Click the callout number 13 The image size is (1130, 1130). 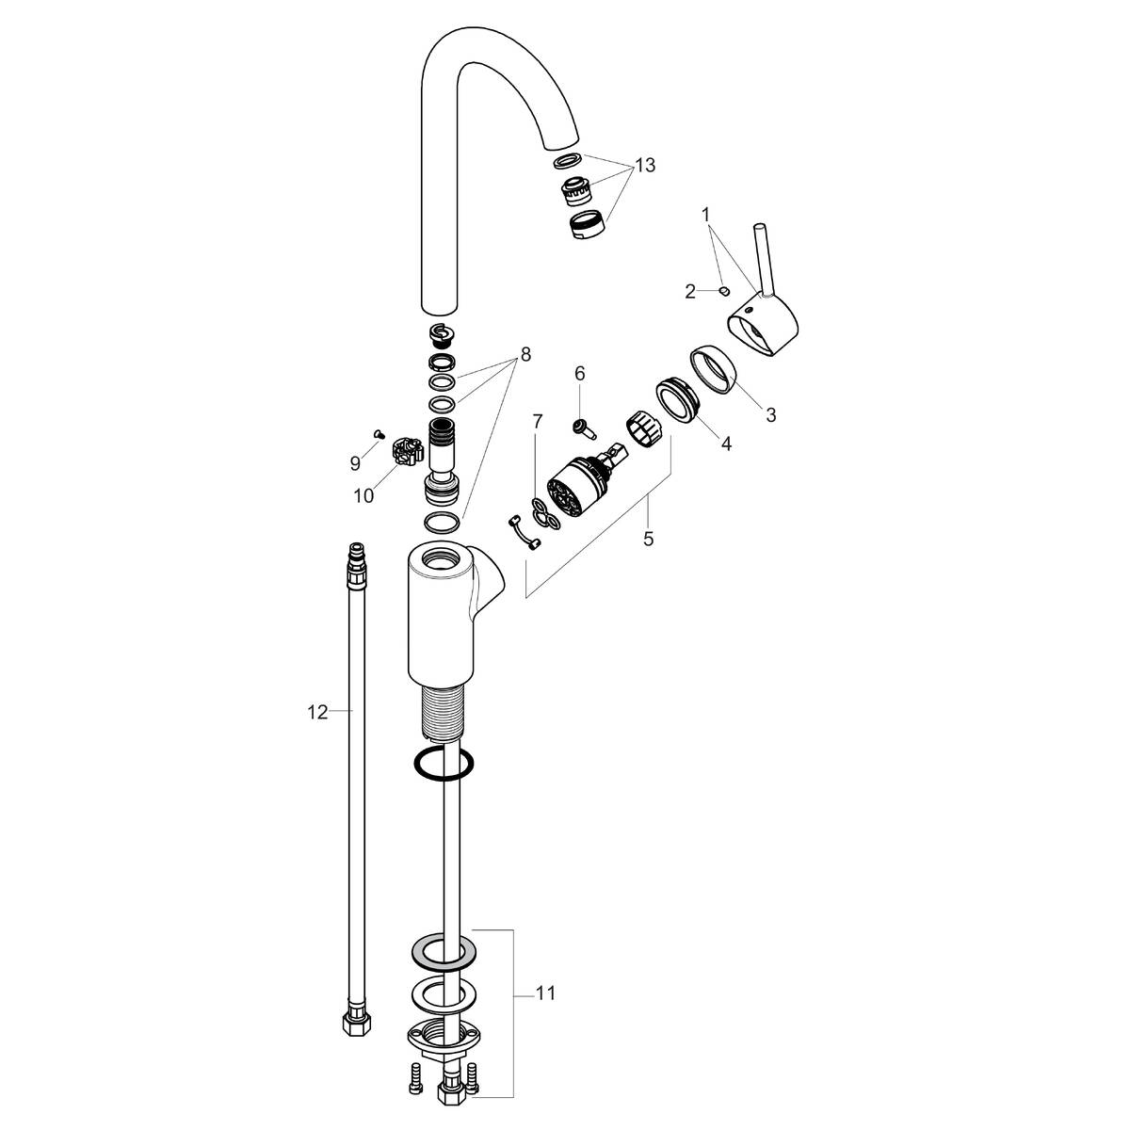point(645,166)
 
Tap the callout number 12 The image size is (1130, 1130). point(317,713)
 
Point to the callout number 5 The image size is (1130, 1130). point(648,539)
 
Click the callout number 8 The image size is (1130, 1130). point(525,354)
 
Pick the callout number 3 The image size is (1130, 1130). point(771,414)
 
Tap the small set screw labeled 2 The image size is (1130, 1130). point(724,291)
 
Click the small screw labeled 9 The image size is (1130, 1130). point(379,434)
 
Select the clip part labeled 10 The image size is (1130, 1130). point(406,452)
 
